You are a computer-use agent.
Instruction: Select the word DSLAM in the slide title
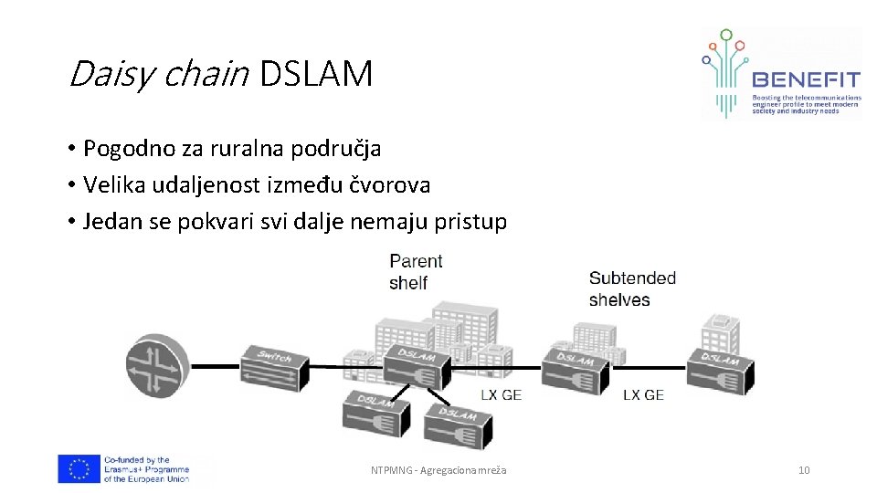pyautogui.click(x=316, y=74)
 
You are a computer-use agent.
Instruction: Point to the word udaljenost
pyautogui.click(x=208, y=185)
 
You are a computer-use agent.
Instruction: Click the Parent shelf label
pyautogui.click(x=415, y=272)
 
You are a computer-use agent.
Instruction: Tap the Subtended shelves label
pyautogui.click(x=631, y=288)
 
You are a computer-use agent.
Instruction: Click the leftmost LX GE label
pyautogui.click(x=502, y=394)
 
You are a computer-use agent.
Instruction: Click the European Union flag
pyautogui.click(x=79, y=469)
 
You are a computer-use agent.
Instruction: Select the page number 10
pyautogui.click(x=804, y=470)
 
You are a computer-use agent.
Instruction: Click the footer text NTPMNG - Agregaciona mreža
pyautogui.click(x=438, y=470)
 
